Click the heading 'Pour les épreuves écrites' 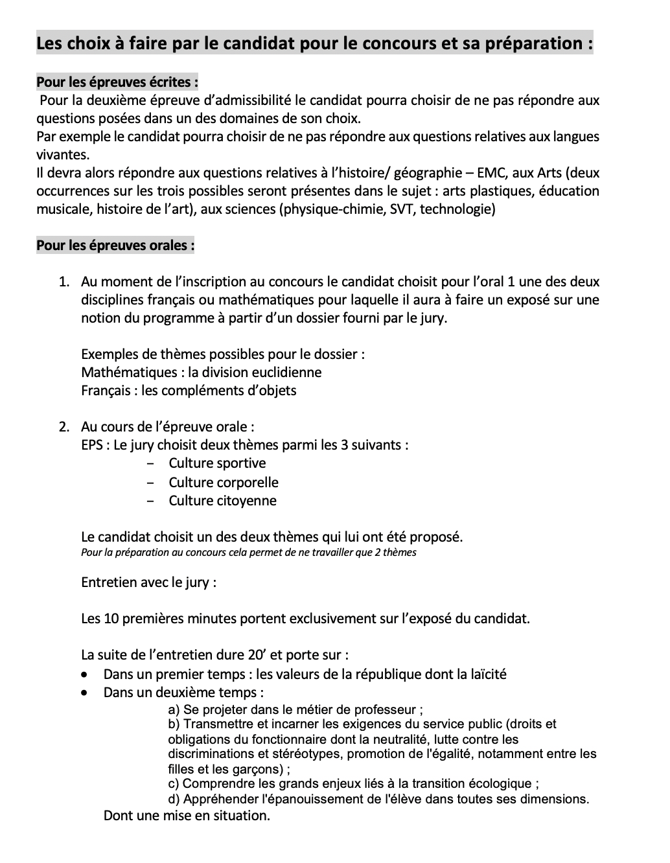point(117,82)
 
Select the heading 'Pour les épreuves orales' point(115,246)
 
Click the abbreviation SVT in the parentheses point(401,209)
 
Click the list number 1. point(64,282)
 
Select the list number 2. point(64,427)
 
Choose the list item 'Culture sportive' point(217,463)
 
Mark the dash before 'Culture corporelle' point(151,483)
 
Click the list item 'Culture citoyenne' point(222,501)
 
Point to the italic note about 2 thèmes point(249,553)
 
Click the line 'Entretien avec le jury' point(148,582)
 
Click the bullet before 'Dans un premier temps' point(85,674)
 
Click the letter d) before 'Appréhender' point(174,799)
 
